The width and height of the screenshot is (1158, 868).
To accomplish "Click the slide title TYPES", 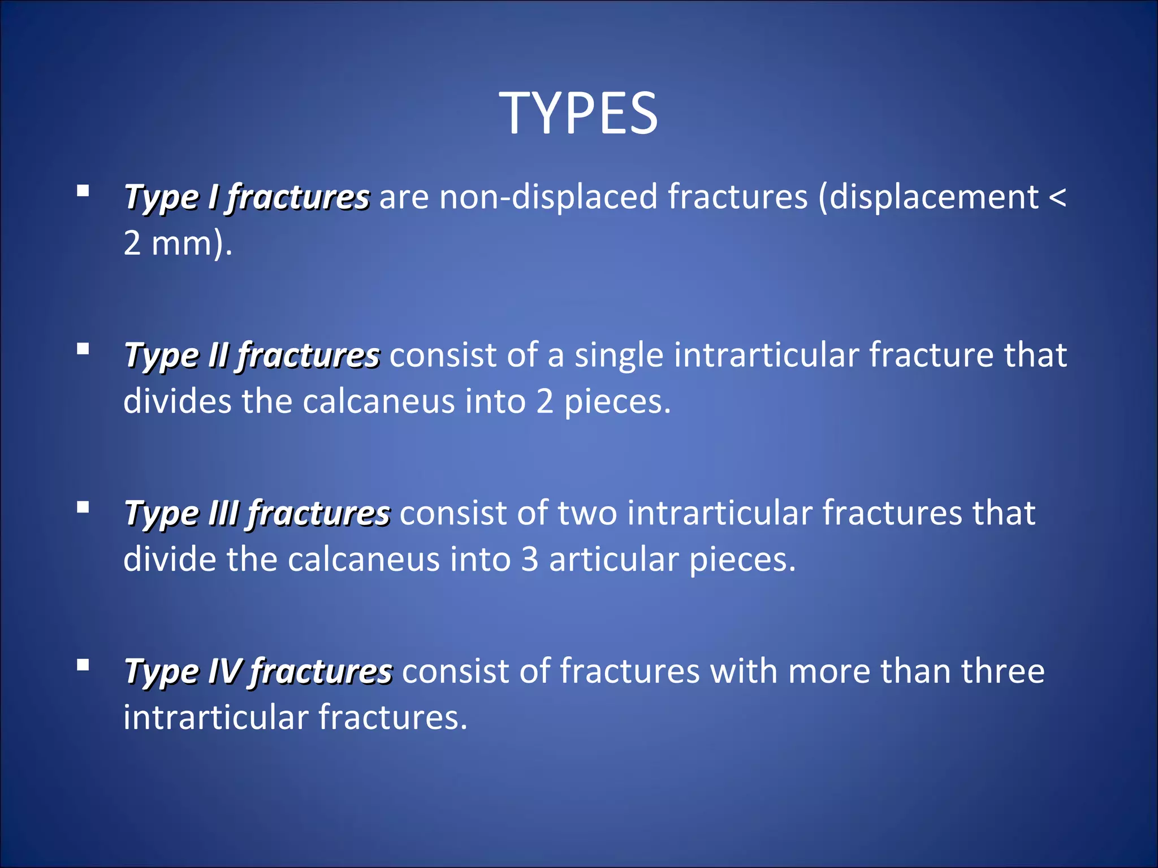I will pyautogui.click(x=578, y=114).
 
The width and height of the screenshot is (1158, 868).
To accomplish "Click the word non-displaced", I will pyautogui.click(x=548, y=197).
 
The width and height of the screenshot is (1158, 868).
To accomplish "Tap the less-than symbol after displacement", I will pyautogui.click(x=1057, y=197).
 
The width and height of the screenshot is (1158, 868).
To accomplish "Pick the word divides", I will pyautogui.click(x=178, y=402).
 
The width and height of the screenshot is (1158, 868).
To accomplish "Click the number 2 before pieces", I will pyautogui.click(x=545, y=402).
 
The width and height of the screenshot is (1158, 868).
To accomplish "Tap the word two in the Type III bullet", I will pyautogui.click(x=587, y=514).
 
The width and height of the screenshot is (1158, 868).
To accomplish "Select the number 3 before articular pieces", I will pyautogui.click(x=530, y=560).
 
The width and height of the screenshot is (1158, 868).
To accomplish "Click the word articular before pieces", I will pyautogui.click(x=613, y=560).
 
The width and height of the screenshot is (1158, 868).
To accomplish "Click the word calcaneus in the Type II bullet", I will pyautogui.click(x=378, y=402).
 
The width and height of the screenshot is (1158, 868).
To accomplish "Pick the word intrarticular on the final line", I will pyautogui.click(x=215, y=718).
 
